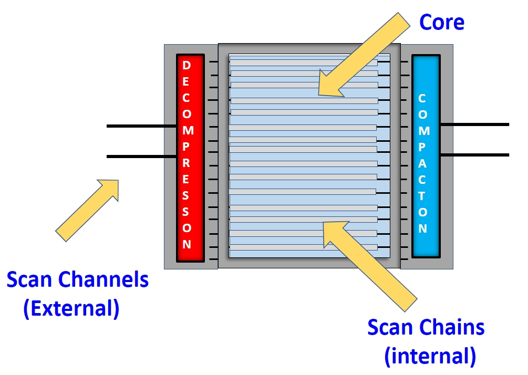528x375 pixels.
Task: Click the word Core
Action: [442, 22]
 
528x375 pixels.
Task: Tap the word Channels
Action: [103, 279]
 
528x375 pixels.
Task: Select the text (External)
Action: [71, 308]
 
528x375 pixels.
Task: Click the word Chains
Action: [452, 327]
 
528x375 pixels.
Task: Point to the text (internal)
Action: [430, 356]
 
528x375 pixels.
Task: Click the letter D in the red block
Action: [186, 65]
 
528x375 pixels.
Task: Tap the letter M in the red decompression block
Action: [188, 130]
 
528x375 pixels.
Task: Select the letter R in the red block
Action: [186, 163]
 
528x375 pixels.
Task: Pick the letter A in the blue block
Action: [422, 163]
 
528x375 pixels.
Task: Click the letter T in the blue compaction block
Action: [422, 196]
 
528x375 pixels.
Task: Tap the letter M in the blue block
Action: [424, 131]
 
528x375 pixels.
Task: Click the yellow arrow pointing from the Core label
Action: [365, 55]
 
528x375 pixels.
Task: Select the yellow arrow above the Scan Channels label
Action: [87, 211]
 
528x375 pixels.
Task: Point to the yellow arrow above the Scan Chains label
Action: [370, 266]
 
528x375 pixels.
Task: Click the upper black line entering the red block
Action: [141, 126]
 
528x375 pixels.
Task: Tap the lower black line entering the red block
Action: [141, 157]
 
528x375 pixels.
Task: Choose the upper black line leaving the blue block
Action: [475, 124]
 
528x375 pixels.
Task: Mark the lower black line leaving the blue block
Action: [475, 155]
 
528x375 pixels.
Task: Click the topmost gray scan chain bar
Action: [304, 62]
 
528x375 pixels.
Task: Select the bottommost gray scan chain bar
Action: [304, 247]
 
